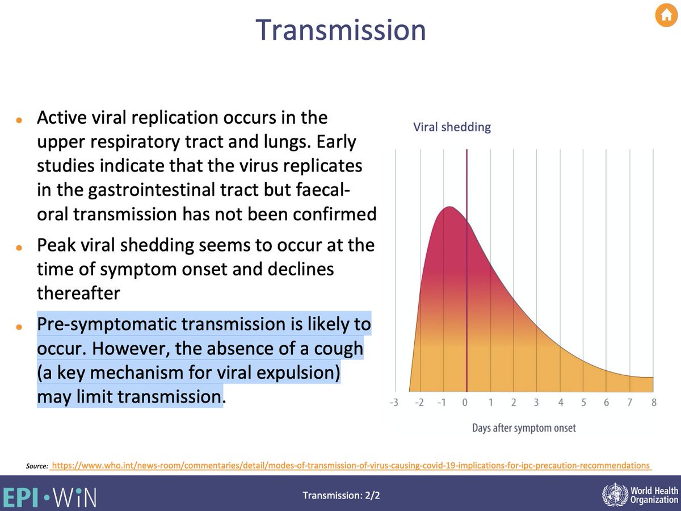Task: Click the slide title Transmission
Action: [340, 30]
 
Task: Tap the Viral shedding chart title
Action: [452, 127]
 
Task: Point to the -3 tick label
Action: [394, 403]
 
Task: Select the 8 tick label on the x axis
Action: [654, 403]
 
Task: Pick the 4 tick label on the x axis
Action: [560, 403]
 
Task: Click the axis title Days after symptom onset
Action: [523, 428]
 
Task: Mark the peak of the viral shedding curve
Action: [448, 207]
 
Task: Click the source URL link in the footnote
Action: [350, 465]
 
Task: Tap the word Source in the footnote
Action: [36, 466]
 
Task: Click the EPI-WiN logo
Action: [49, 495]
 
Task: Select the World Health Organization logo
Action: [639, 494]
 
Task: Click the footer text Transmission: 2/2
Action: [341, 495]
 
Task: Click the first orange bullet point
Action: [19, 121]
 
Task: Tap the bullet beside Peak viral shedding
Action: [19, 249]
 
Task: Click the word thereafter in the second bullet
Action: [78, 293]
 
